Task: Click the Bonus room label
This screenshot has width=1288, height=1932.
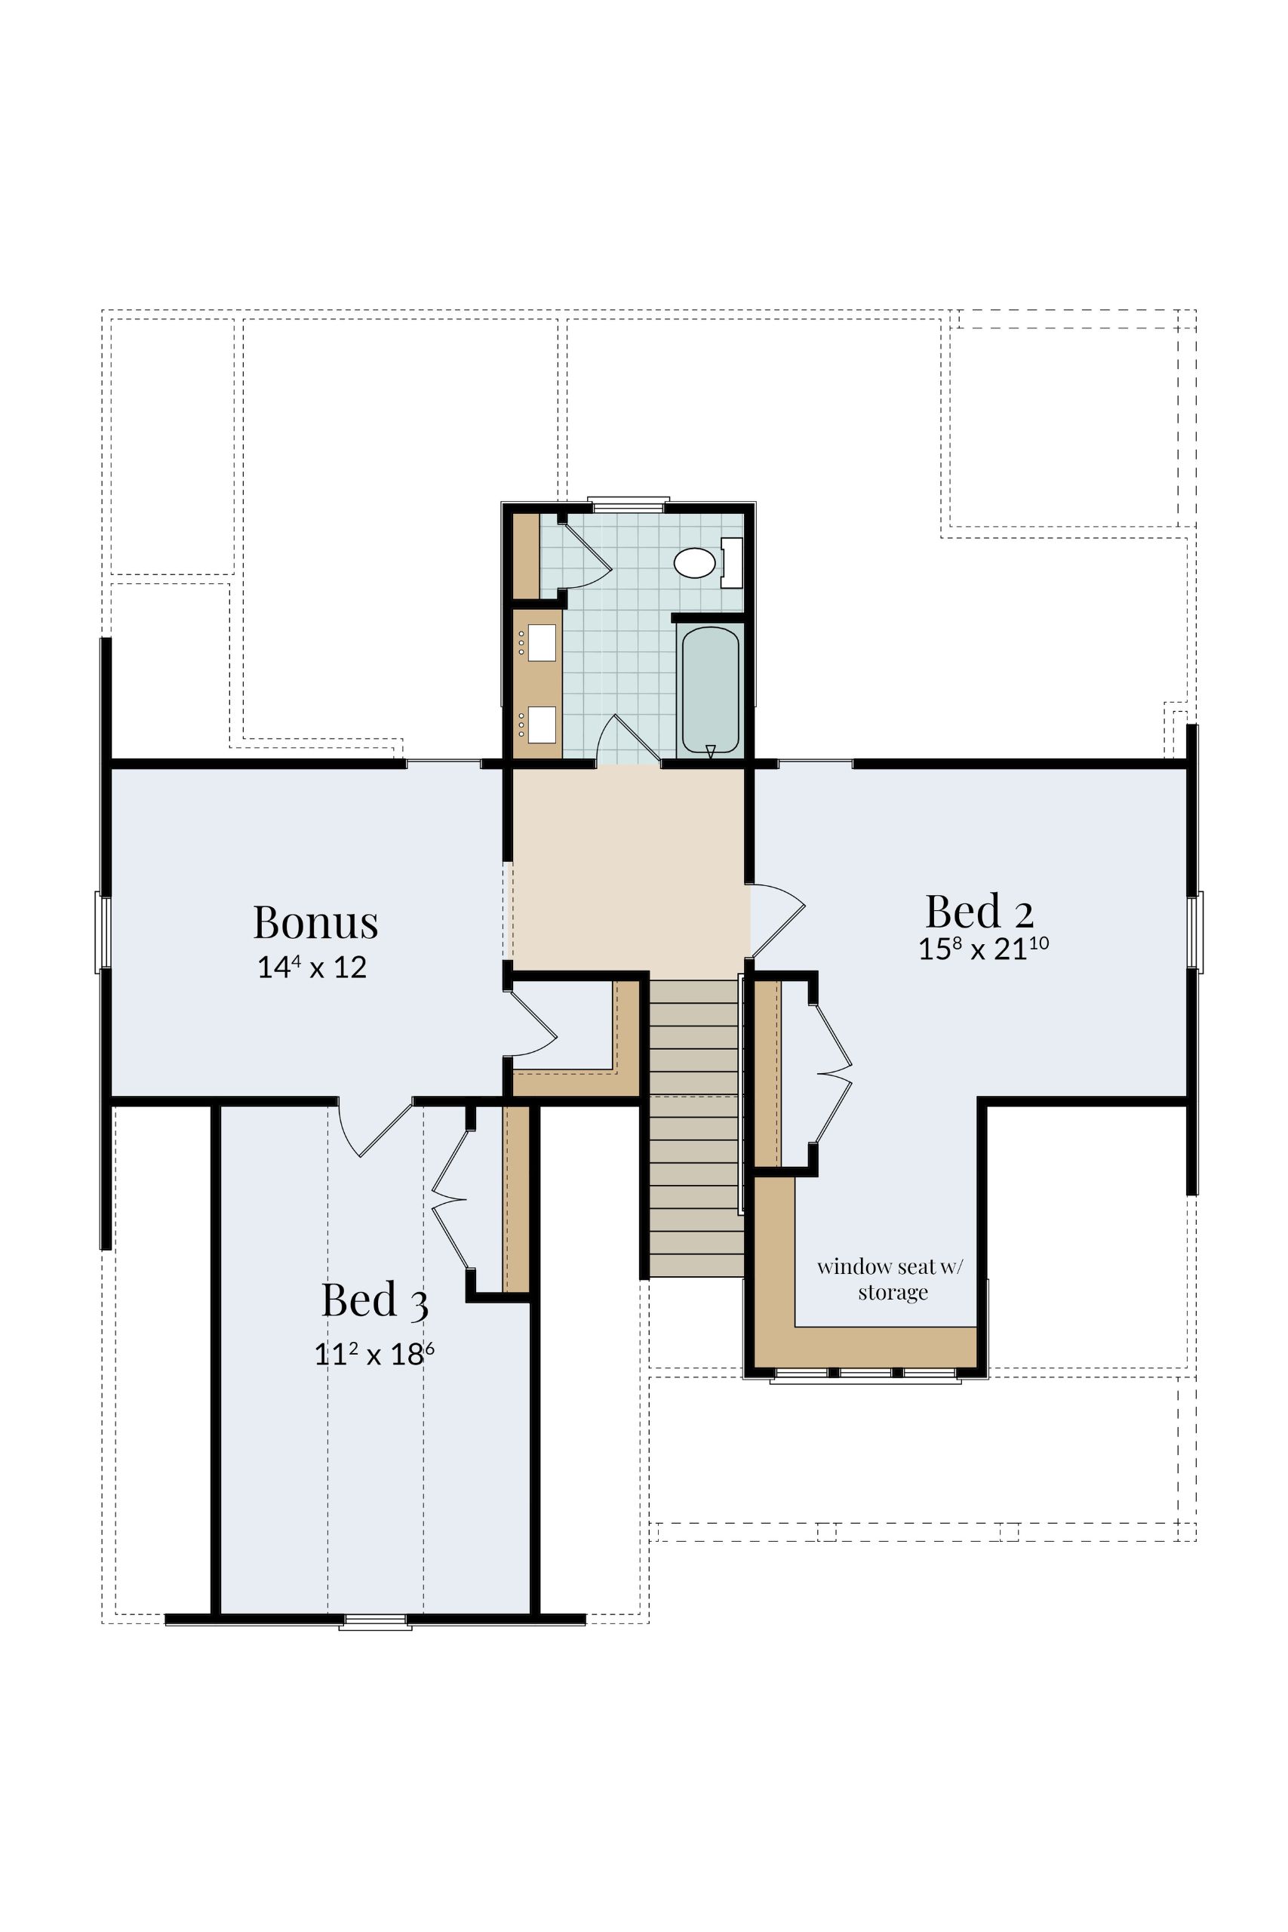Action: pos(315,922)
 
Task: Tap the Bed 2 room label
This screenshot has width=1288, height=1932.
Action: pos(979,911)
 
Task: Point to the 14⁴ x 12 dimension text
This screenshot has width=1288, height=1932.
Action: pos(312,968)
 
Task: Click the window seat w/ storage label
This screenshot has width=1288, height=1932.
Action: pos(893,1279)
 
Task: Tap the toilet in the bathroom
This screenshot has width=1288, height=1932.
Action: pos(708,563)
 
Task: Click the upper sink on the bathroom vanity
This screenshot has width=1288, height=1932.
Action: pos(541,643)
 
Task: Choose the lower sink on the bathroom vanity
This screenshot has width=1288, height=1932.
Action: pos(541,724)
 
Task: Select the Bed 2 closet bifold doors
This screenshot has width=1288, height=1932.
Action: pos(832,1072)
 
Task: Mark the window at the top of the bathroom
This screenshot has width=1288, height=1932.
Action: pos(629,503)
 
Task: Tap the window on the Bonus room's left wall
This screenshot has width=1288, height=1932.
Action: pos(103,931)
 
